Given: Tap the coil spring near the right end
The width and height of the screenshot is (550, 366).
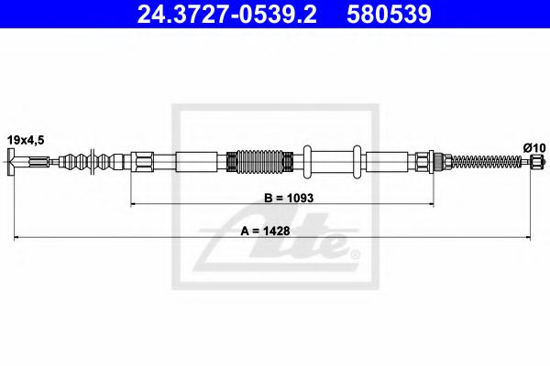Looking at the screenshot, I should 481,163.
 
